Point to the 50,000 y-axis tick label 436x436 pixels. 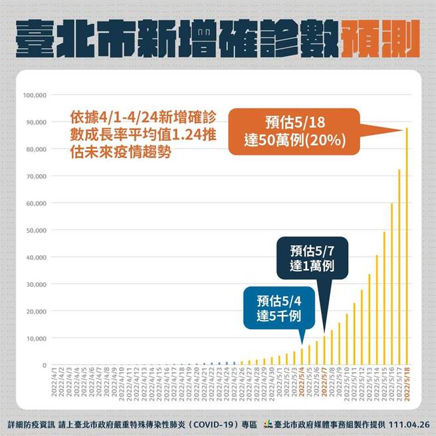tap(34, 231)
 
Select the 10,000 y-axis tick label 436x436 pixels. tap(34, 338)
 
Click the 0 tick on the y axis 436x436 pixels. tap(44, 366)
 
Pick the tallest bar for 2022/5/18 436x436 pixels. tap(407, 247)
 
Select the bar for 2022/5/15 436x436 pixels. tap(384, 298)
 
